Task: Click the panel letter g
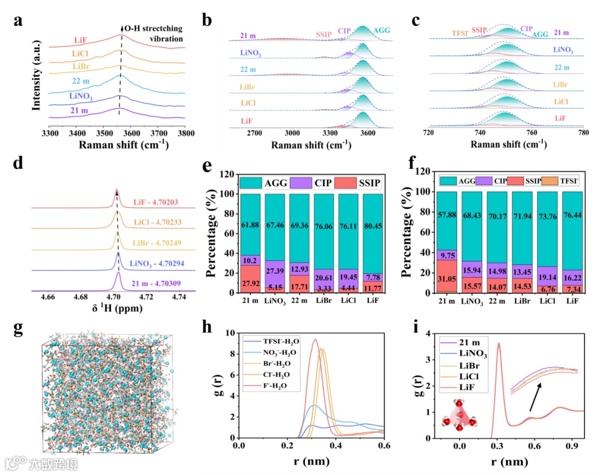click(18, 328)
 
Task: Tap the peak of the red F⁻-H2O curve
click(315, 339)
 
